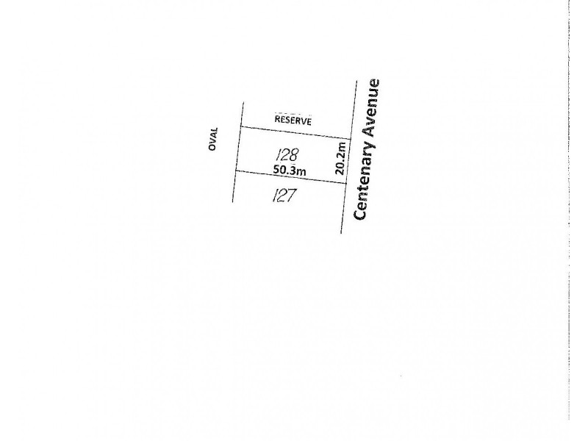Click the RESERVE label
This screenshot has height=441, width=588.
pyautogui.click(x=293, y=121)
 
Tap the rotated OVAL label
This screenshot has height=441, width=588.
pyautogui.click(x=213, y=139)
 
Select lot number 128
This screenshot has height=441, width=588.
pyautogui.click(x=287, y=154)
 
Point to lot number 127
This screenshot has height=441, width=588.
pyautogui.click(x=284, y=195)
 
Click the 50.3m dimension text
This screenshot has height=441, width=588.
pyautogui.click(x=290, y=170)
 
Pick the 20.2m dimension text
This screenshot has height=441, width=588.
pyautogui.click(x=340, y=158)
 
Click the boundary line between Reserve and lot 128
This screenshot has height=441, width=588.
pyautogui.click(x=295, y=133)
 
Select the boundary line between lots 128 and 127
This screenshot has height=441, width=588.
pyautogui.click(x=290, y=177)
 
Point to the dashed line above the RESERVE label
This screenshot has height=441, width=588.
pyautogui.click(x=293, y=113)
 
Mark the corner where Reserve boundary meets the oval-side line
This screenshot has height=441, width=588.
pyautogui.click(x=240, y=126)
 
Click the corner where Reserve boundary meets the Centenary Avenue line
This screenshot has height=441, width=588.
pyautogui.click(x=351, y=139)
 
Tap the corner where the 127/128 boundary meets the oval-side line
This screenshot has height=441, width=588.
pyautogui.click(x=235, y=171)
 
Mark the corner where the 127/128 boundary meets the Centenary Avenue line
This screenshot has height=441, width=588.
pyautogui.click(x=346, y=184)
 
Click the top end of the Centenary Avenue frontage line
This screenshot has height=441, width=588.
pyautogui.click(x=356, y=81)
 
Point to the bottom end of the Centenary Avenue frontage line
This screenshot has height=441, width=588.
pyautogui.click(x=341, y=233)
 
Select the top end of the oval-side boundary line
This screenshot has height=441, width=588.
pyautogui.click(x=243, y=102)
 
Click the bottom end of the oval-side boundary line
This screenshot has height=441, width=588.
pyautogui.click(x=232, y=202)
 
